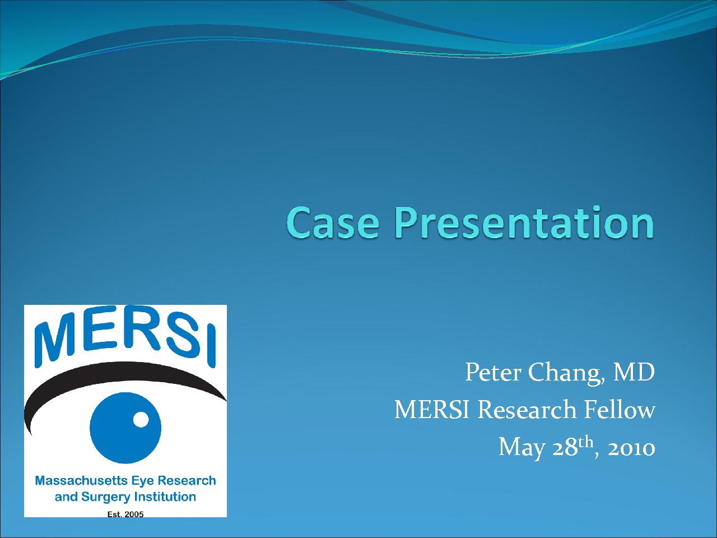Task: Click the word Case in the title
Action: pos(333,222)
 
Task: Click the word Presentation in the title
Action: pos(524,221)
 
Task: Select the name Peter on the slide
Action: pos(493,372)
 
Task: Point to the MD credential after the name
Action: pos(634,372)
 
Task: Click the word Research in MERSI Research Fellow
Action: pos(527,410)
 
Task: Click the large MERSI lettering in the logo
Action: pos(125,336)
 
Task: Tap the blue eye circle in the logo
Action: pos(125,428)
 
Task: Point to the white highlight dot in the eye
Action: pos(141,419)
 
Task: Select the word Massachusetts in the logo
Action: pos(81,480)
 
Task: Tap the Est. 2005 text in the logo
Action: pos(125,514)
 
